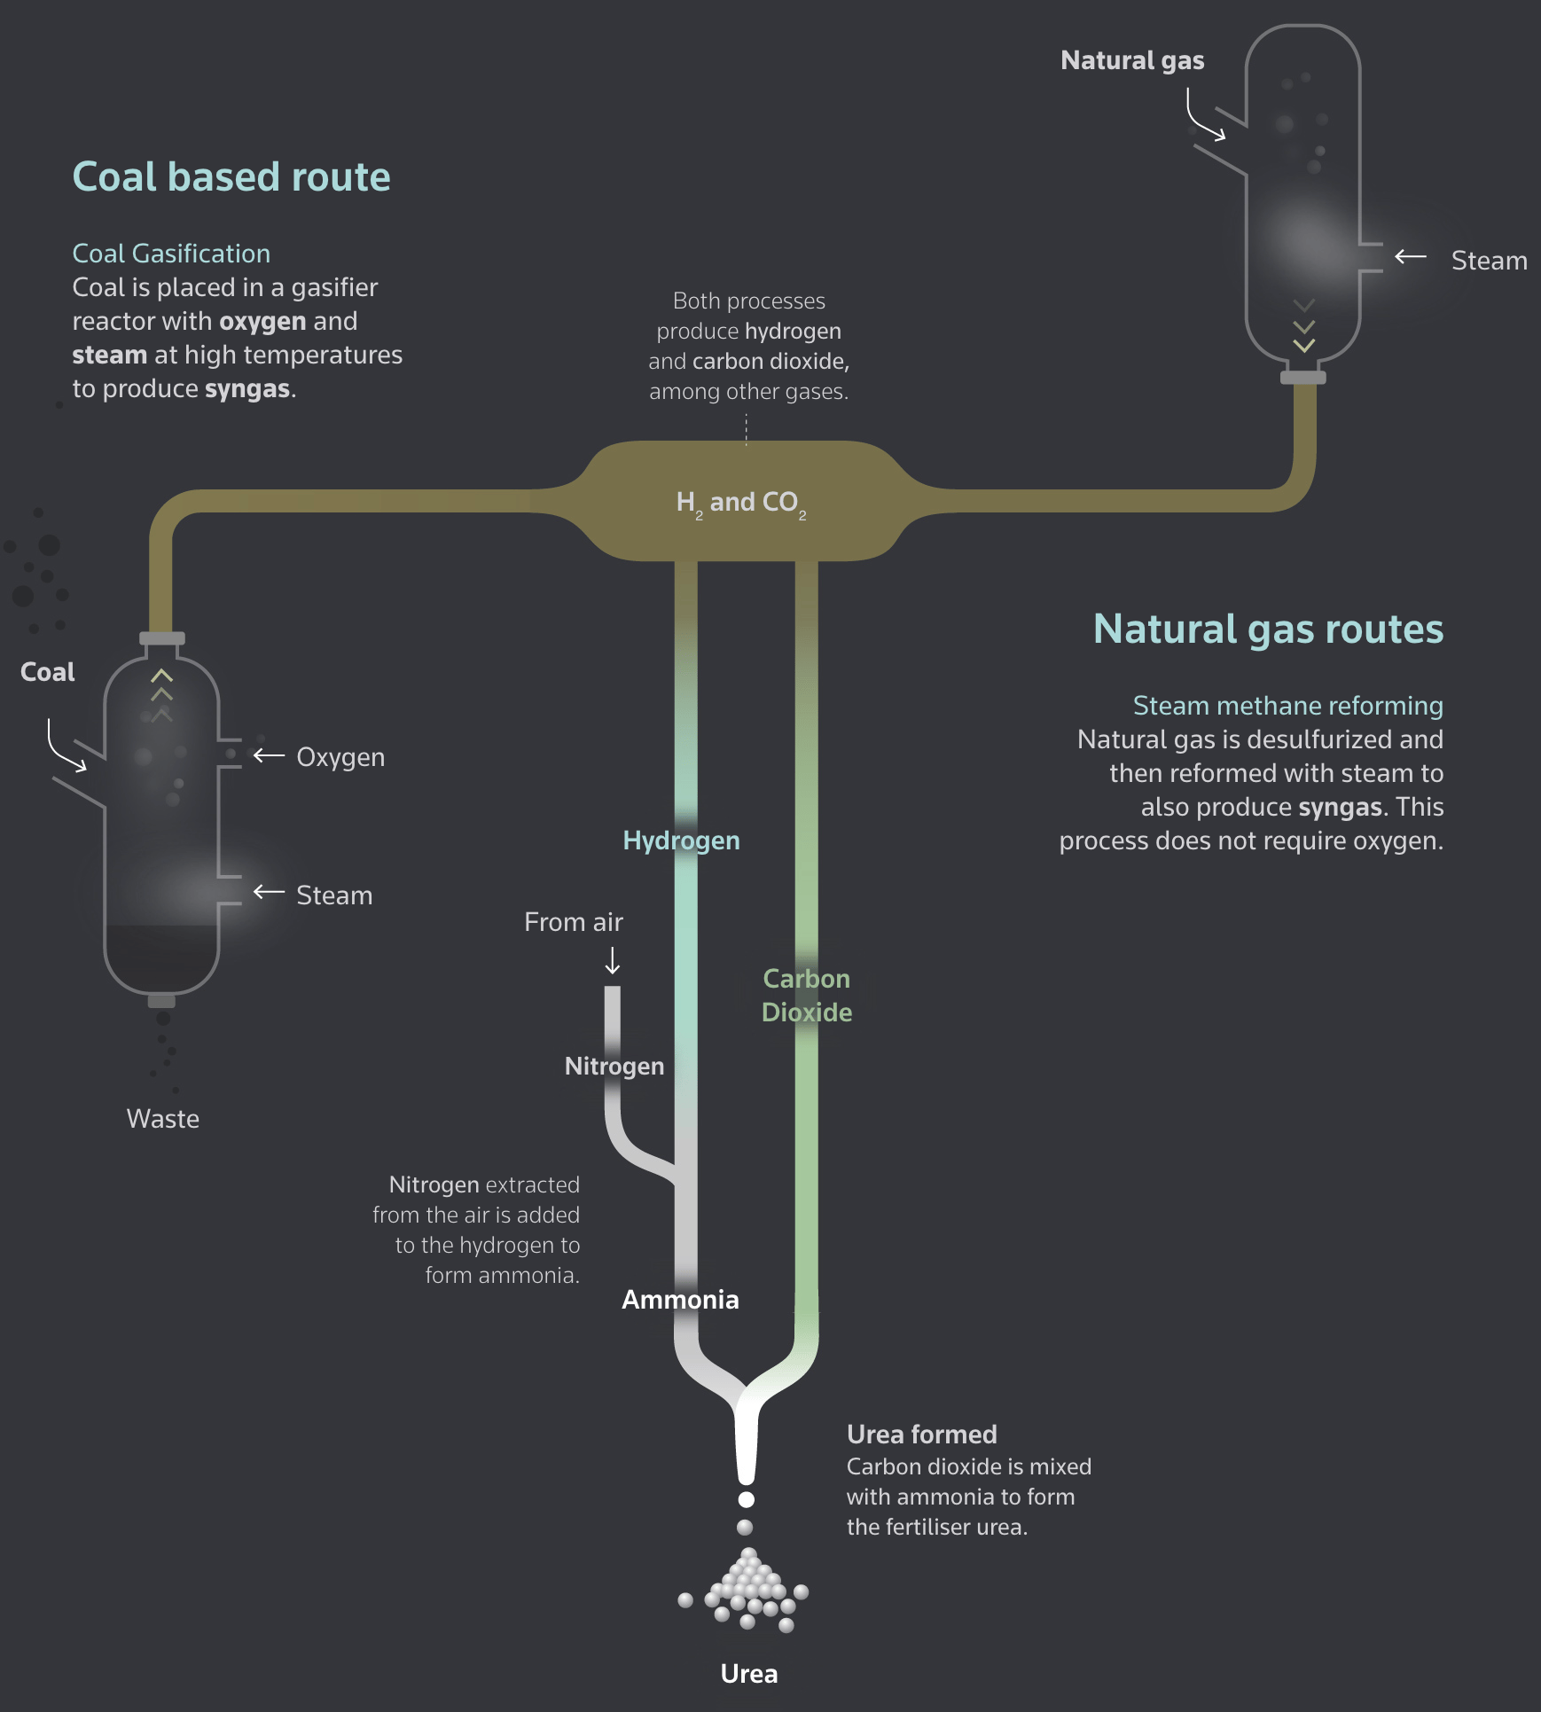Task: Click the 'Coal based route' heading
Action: pyautogui.click(x=231, y=176)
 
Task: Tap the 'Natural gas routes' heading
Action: pyautogui.click(x=1267, y=629)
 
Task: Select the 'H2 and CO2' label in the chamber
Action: pyautogui.click(x=741, y=503)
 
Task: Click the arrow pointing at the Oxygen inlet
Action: pyautogui.click(x=269, y=755)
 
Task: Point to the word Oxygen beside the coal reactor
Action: pyautogui.click(x=340, y=757)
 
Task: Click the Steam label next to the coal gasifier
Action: pyautogui.click(x=334, y=895)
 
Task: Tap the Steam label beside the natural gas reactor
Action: pyautogui.click(x=1489, y=261)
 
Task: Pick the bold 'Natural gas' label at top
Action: pyautogui.click(x=1132, y=60)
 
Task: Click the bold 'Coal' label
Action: pyautogui.click(x=48, y=672)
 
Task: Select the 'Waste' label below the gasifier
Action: pyautogui.click(x=163, y=1119)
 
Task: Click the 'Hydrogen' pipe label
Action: pyautogui.click(x=681, y=840)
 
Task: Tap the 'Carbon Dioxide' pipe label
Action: pyautogui.click(x=807, y=996)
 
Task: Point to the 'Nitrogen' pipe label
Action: pyautogui.click(x=614, y=1066)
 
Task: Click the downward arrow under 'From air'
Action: pyautogui.click(x=613, y=961)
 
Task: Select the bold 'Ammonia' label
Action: pyautogui.click(x=680, y=1300)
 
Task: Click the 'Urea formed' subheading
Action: pyautogui.click(x=921, y=1434)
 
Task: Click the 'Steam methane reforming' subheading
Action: pyautogui.click(x=1287, y=706)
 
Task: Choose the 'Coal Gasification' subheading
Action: pyautogui.click(x=171, y=254)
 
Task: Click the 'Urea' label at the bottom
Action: pyautogui.click(x=749, y=1674)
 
